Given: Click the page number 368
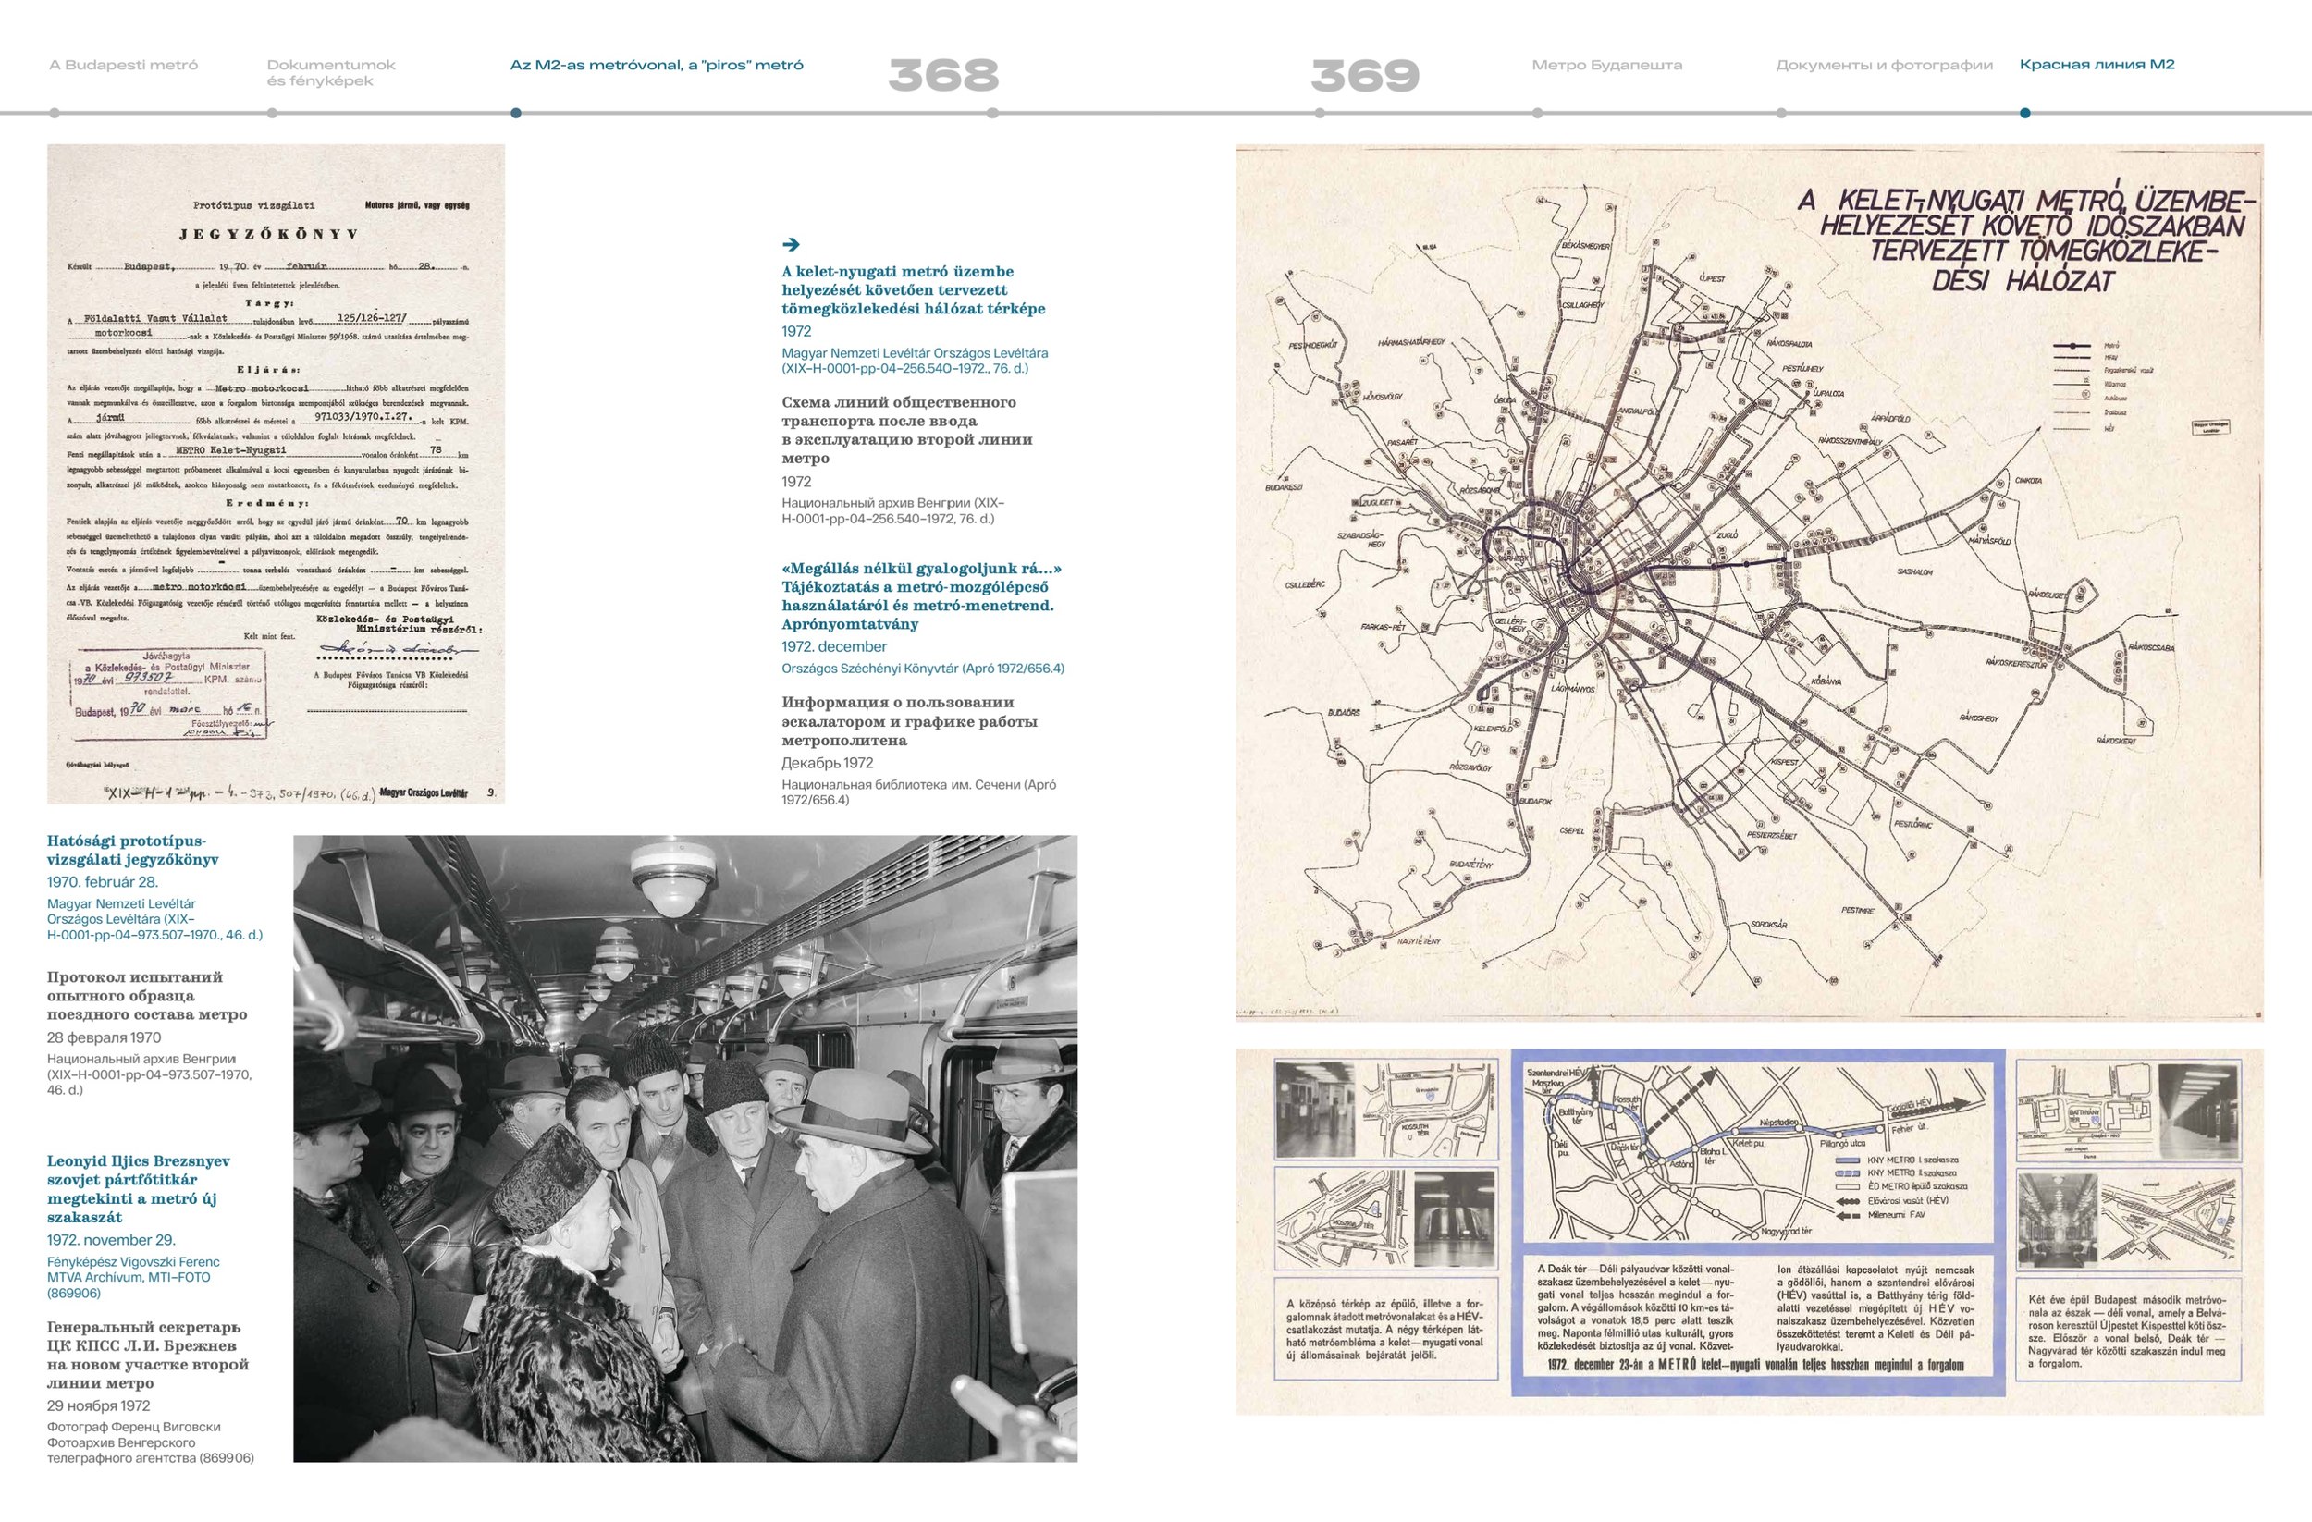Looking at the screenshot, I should click(942, 75).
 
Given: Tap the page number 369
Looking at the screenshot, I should click(1365, 75).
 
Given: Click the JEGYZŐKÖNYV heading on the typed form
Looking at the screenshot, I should click(268, 234).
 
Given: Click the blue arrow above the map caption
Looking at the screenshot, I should click(791, 245).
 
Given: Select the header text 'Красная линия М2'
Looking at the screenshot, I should click(2097, 65).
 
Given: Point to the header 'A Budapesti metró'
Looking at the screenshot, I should click(123, 65).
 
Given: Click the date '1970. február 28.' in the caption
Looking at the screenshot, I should click(102, 882).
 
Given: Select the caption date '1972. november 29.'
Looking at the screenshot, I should click(111, 1239).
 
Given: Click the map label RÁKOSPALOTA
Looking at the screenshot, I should click(1789, 344).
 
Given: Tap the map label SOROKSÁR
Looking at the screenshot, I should click(1768, 925).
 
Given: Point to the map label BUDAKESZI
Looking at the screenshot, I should click(1285, 487).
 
